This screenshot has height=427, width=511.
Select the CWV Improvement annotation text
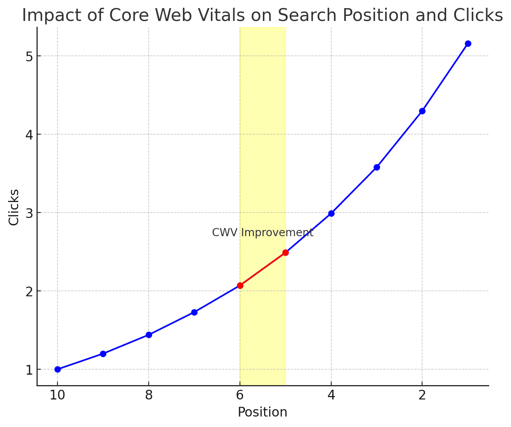[262, 233]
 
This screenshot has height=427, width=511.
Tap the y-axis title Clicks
[14, 207]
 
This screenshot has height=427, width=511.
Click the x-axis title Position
[262, 412]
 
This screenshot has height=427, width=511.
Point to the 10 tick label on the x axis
[57, 395]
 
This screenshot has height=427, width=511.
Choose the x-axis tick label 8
[149, 395]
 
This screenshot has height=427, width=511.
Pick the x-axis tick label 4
[331, 395]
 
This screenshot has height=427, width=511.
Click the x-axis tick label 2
[422, 395]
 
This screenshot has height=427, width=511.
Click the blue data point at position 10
[57, 369]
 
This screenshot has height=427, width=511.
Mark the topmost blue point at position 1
[468, 43]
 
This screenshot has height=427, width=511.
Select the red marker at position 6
[240, 285]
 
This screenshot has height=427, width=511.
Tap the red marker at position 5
[285, 252]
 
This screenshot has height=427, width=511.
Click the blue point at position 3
[377, 167]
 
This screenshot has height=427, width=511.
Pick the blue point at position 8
[149, 335]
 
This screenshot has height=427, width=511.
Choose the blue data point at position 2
[422, 111]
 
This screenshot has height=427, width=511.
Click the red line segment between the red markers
[263, 269]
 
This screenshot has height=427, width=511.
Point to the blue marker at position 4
[331, 213]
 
